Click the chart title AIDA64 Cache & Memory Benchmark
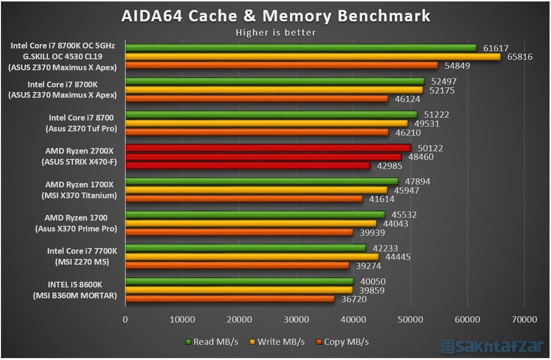275,16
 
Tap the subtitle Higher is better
275,32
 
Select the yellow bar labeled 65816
313,57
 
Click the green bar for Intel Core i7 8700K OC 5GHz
301,48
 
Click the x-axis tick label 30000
296,320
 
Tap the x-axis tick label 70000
525,320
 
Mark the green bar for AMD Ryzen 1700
255,215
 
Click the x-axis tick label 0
125,320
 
